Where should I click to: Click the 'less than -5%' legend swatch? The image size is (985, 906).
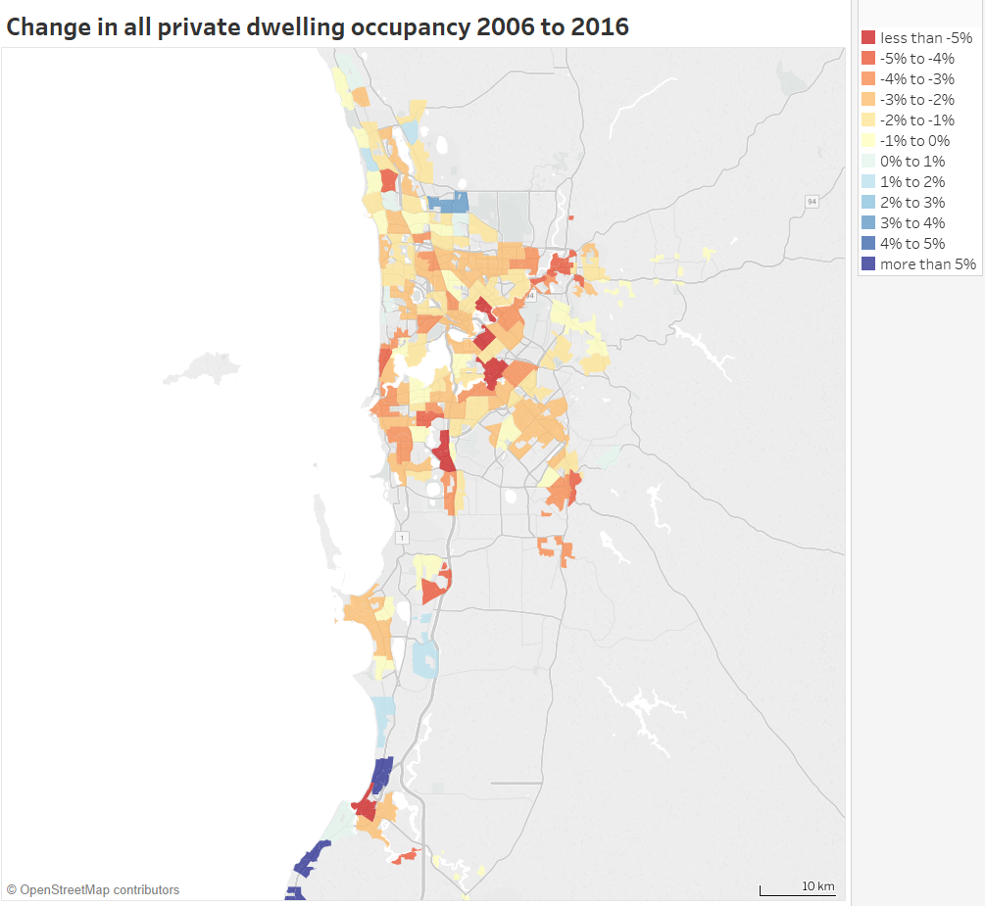coord(868,38)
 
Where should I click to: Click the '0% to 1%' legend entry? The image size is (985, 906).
coord(912,162)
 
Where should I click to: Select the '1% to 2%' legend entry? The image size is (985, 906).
coord(912,182)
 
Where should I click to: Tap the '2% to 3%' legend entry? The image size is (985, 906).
coord(912,203)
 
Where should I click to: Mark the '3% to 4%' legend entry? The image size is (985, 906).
coord(912,223)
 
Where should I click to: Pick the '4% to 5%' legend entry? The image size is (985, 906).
coord(912,244)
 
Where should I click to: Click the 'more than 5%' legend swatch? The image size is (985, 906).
coord(868,264)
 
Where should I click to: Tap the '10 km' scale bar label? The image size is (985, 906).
coord(818,886)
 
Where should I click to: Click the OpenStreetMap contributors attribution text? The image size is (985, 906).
coord(93,890)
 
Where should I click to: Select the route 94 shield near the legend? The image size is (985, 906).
coord(812,202)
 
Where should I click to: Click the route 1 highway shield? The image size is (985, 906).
coord(402,538)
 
